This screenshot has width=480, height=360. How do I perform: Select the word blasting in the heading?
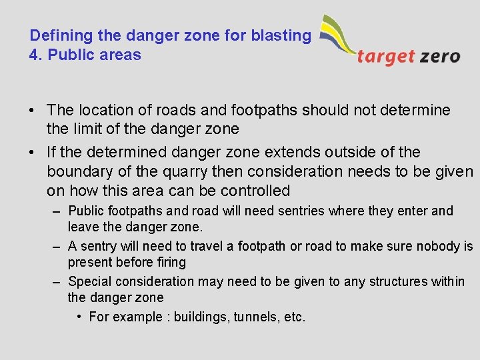281,35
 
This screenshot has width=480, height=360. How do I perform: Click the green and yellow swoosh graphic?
337,36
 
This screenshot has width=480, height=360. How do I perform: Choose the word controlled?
255,191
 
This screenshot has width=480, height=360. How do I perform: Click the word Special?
91,281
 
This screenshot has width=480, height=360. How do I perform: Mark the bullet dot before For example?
79,317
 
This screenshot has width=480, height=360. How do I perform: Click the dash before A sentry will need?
57,246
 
